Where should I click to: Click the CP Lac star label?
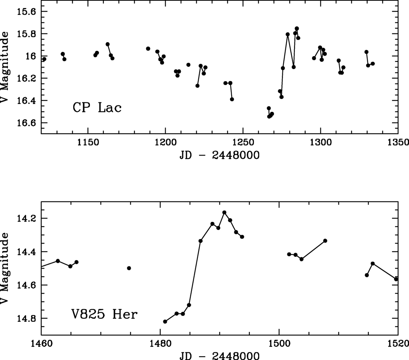click(97, 108)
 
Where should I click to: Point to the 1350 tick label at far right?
click(398, 142)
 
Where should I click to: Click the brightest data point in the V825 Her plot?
click(224, 212)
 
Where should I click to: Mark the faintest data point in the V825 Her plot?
click(165, 321)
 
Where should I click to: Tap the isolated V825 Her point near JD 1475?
click(129, 268)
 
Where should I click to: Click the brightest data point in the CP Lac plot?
click(297, 28)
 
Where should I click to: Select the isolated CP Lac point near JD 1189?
click(148, 49)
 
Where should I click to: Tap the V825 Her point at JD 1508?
click(325, 241)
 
